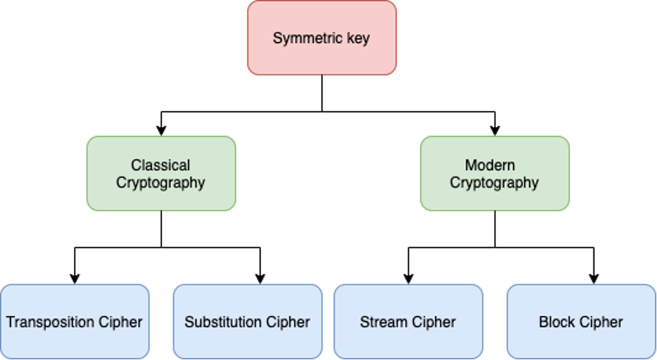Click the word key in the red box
[357, 38]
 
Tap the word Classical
[161, 165]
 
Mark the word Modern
[490, 165]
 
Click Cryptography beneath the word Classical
[161, 183]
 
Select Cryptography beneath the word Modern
[494, 183]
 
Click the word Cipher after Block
[603, 322]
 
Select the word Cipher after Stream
[433, 322]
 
